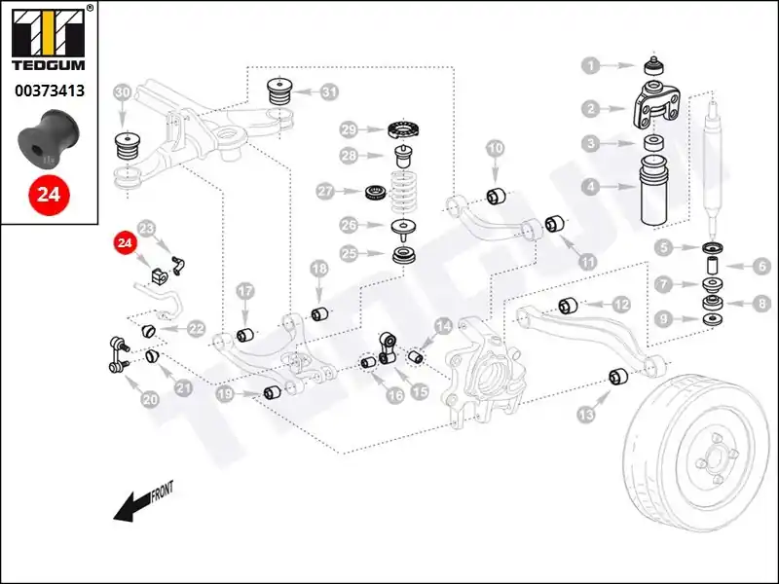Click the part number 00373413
[x=49, y=91]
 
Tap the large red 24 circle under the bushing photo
[x=48, y=194]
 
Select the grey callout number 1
[x=590, y=66]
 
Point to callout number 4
[x=590, y=184]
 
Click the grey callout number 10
[x=496, y=148]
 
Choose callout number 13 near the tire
[x=585, y=415]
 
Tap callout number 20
[x=150, y=398]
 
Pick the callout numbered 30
[x=122, y=93]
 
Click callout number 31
[x=329, y=91]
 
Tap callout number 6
[x=762, y=265]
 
